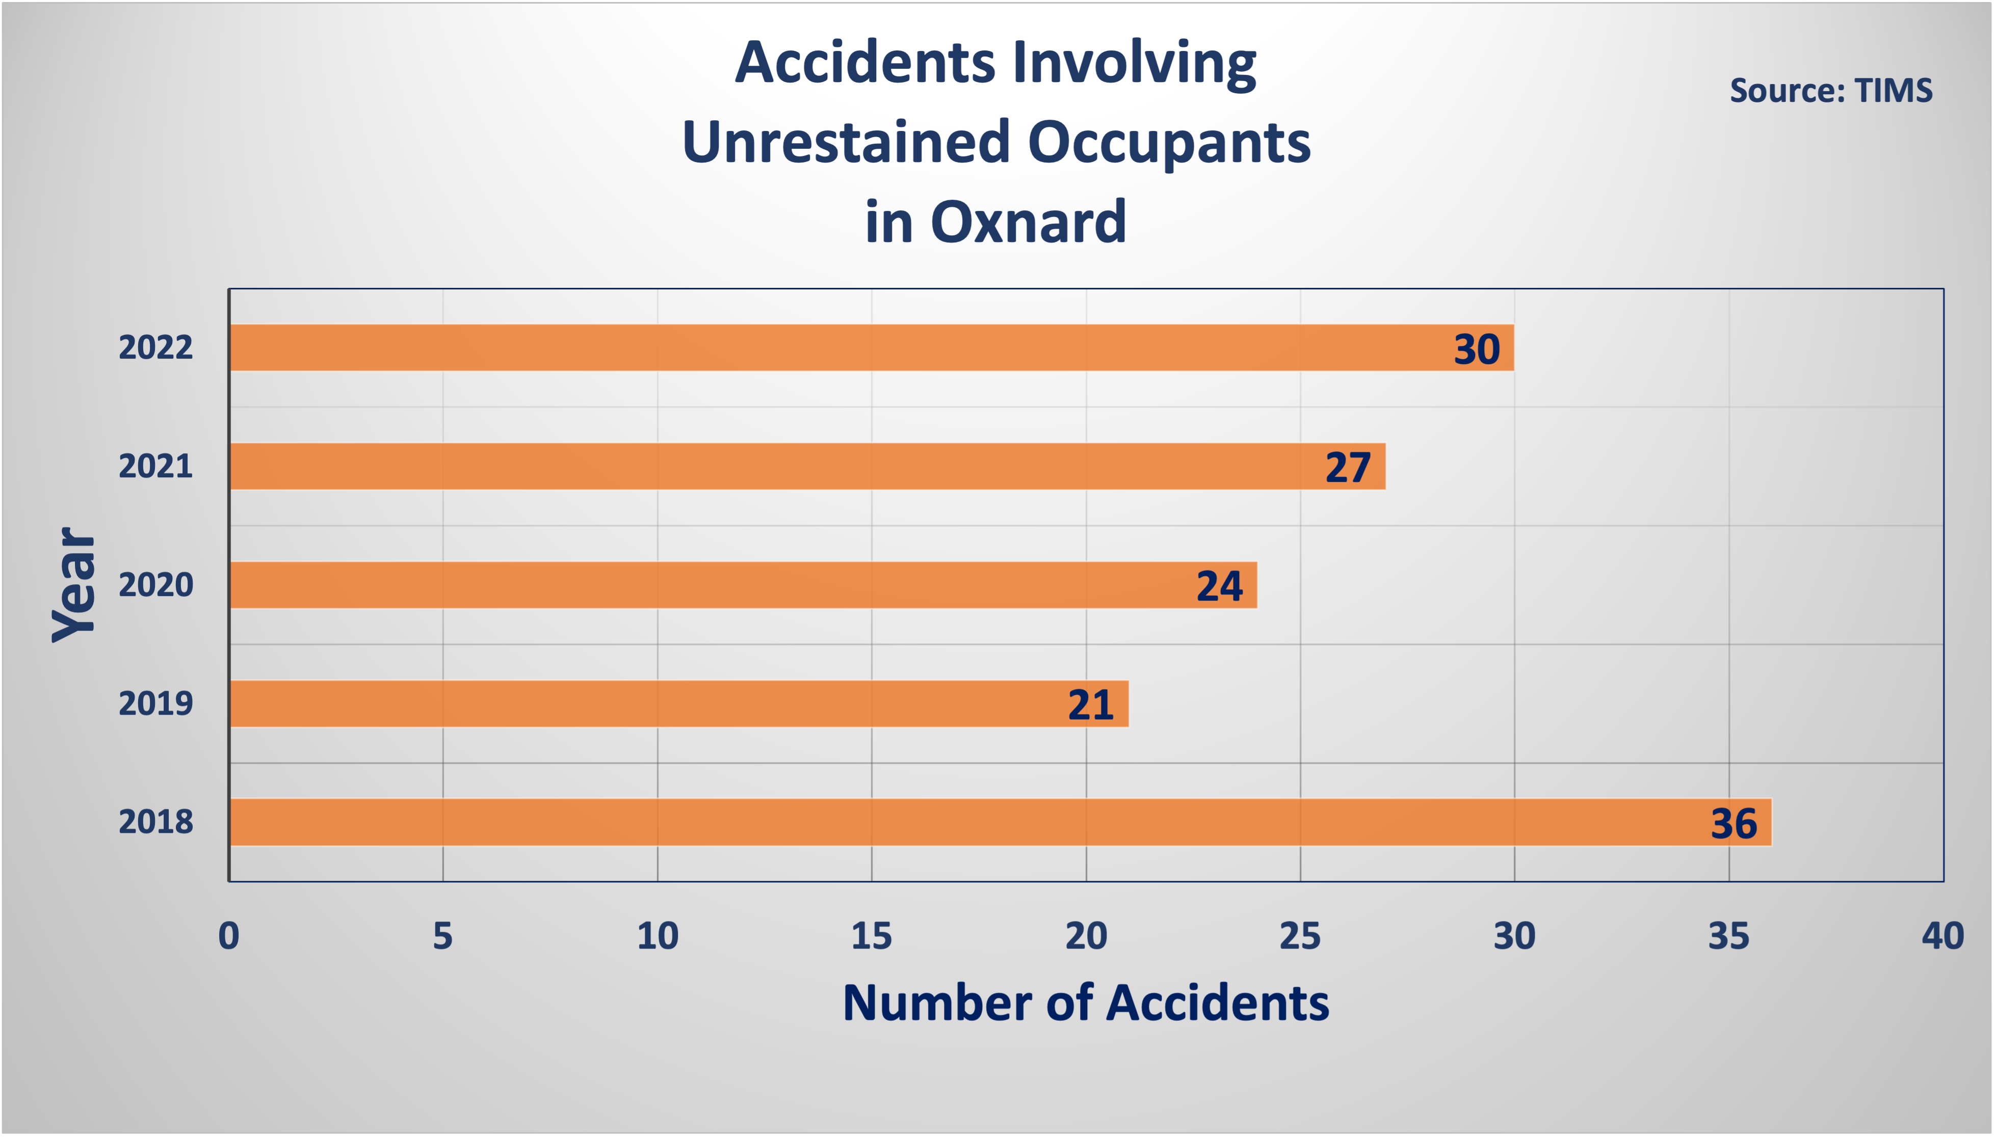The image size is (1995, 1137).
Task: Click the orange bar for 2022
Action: pyautogui.click(x=872, y=347)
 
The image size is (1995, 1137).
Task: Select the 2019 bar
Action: pyautogui.click(x=679, y=703)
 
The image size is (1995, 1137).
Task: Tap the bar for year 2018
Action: pyautogui.click(x=1001, y=822)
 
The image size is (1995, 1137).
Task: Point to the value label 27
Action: pyautogui.click(x=1348, y=468)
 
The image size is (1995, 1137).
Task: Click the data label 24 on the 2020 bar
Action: pyautogui.click(x=1219, y=586)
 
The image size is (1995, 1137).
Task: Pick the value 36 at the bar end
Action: pyautogui.click(x=1734, y=824)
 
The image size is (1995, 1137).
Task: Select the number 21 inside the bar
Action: pyautogui.click(x=1090, y=705)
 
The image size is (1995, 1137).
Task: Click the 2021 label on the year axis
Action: pyautogui.click(x=155, y=466)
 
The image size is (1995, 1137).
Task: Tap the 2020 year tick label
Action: pyautogui.click(x=155, y=585)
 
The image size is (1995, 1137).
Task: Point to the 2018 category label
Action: pyautogui.click(x=155, y=822)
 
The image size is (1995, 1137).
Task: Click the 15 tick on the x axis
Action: pyautogui.click(x=871, y=936)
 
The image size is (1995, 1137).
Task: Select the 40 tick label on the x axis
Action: pyautogui.click(x=1942, y=936)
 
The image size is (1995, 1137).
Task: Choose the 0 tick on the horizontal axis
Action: pyautogui.click(x=229, y=936)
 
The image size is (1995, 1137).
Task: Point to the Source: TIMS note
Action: pyautogui.click(x=1831, y=91)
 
